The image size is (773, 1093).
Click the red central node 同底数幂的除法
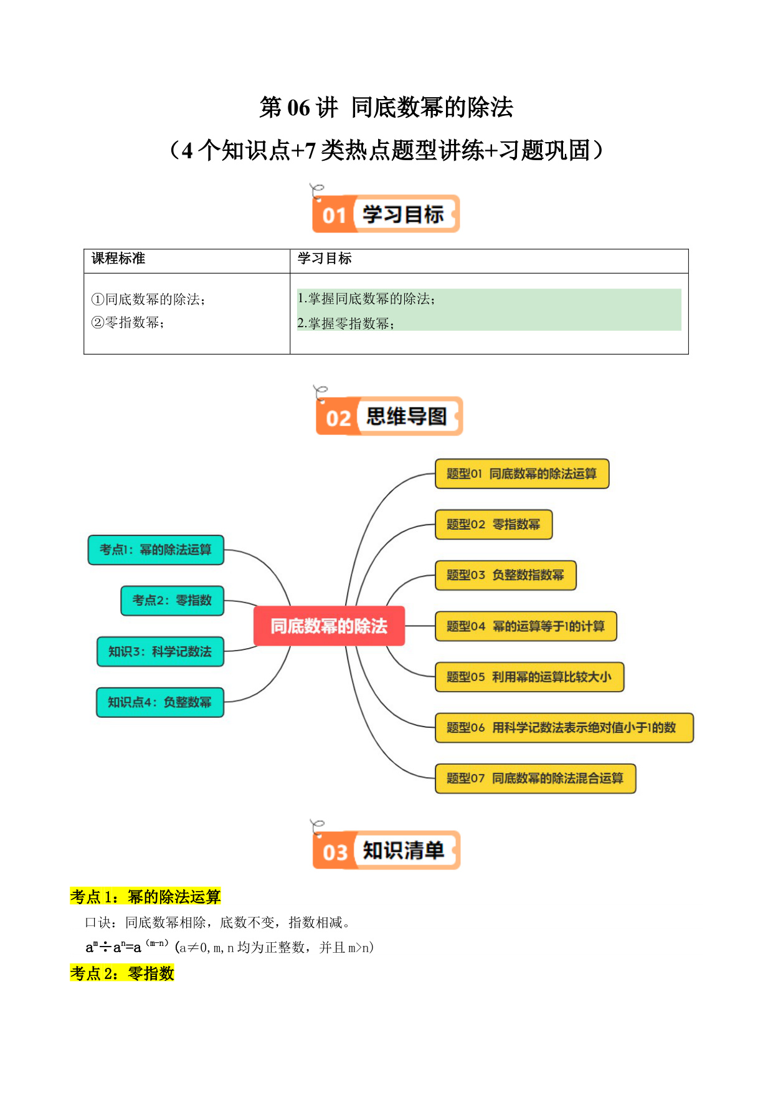[329, 626]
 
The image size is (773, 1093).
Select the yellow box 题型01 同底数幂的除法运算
[521, 474]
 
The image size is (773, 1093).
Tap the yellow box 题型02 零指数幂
[493, 524]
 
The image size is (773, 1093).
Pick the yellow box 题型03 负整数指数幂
[505, 575]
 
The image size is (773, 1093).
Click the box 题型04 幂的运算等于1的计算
[526, 626]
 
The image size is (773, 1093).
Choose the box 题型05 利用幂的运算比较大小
[529, 677]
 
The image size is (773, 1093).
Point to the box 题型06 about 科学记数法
[564, 727]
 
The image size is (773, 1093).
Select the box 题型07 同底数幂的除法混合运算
[535, 778]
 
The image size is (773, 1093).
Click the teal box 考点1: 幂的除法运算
[156, 550]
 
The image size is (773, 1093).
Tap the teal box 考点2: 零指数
[172, 600]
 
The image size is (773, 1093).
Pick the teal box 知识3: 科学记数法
[160, 651]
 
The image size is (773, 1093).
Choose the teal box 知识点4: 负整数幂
[159, 702]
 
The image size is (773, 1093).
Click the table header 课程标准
[118, 259]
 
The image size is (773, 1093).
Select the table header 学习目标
[325, 259]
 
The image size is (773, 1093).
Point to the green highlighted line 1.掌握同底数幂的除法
[366, 299]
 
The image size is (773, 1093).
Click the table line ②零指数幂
[128, 322]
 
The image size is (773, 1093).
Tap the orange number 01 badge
[334, 216]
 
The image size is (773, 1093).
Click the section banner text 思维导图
[407, 416]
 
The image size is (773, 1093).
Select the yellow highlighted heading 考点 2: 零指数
[122, 973]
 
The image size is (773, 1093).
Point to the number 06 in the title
[298, 108]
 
